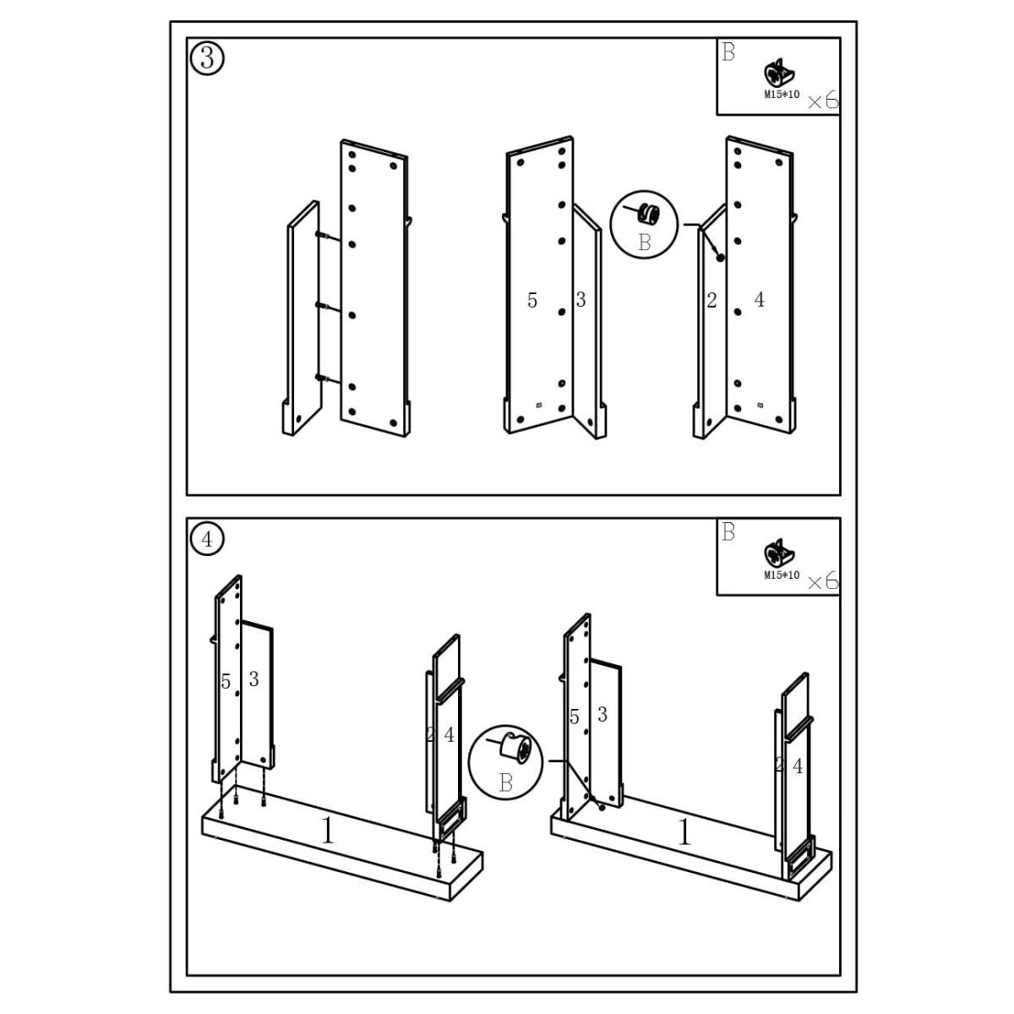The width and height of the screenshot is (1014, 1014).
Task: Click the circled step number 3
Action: tap(208, 58)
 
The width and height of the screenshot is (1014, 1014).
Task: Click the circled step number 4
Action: tap(208, 538)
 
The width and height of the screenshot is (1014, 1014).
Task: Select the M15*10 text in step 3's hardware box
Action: tap(782, 95)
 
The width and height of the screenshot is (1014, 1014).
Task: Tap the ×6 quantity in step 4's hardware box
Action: tap(822, 581)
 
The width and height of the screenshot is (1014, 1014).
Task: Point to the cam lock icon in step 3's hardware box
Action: tap(777, 74)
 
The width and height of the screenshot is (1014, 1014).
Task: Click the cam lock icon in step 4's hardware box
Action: tap(777, 554)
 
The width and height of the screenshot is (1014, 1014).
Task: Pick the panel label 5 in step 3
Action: tap(532, 300)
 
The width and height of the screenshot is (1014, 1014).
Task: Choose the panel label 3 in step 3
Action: tap(581, 299)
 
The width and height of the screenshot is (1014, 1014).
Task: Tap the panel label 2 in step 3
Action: tap(711, 300)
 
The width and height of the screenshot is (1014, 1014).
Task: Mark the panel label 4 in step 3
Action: tap(759, 299)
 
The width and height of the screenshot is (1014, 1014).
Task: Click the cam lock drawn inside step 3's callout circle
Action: tap(648, 213)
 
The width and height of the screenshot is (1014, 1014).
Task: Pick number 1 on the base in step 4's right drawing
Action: tap(684, 833)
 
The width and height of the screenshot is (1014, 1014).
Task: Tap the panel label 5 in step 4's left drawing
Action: tap(226, 682)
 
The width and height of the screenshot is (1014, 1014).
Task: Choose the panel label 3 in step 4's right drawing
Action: tap(602, 715)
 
